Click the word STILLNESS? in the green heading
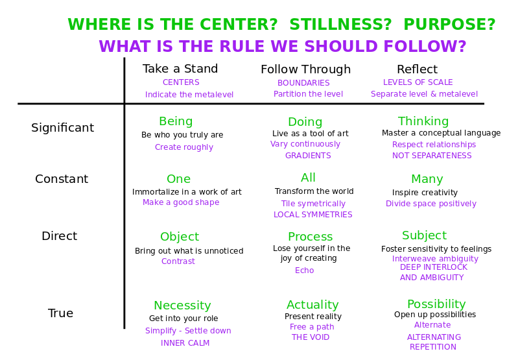(x=340, y=25)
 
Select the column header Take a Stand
(x=180, y=69)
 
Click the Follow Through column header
(x=305, y=69)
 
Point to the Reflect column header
(x=418, y=69)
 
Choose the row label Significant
(x=63, y=128)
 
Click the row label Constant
(x=62, y=179)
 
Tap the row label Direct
(x=60, y=236)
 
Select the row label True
(x=60, y=313)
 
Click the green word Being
(x=176, y=122)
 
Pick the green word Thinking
(x=423, y=121)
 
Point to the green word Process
(x=310, y=237)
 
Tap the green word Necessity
(x=182, y=306)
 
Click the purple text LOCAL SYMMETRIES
(x=313, y=215)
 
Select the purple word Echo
(x=304, y=270)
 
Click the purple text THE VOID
(x=311, y=337)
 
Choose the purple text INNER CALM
(x=185, y=343)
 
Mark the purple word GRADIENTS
(x=308, y=156)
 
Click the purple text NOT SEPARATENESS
(x=432, y=156)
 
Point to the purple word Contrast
(x=178, y=261)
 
